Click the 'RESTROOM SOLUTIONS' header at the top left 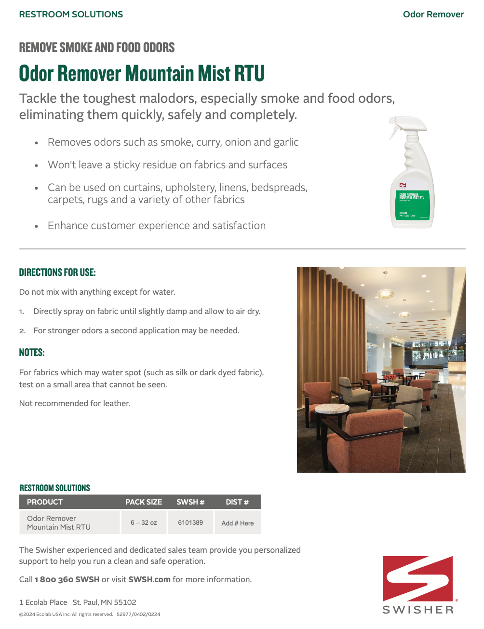(x=71, y=14)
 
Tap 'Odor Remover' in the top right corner (x=433, y=14)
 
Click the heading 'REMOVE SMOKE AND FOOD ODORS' (x=97, y=47)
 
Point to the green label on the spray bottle (x=412, y=205)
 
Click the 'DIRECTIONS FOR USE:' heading (x=57, y=273)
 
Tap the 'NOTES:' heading (x=32, y=353)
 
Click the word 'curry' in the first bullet (x=208, y=142)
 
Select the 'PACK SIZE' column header (x=144, y=502)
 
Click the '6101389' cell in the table (x=190, y=522)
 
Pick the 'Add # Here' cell (x=237, y=523)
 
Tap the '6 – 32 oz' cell (x=144, y=522)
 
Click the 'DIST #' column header (x=237, y=502)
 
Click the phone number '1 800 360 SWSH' (x=67, y=579)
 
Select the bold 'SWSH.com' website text (x=149, y=579)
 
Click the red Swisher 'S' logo (x=418, y=578)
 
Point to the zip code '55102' (x=125, y=602)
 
